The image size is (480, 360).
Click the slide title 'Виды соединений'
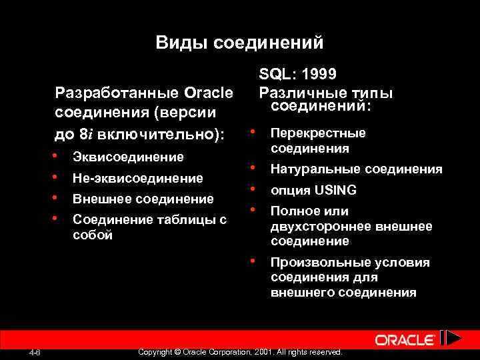click(239, 43)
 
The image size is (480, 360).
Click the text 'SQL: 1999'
click(297, 75)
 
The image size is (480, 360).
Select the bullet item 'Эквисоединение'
click(127, 157)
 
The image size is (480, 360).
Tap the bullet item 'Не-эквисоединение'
click(137, 178)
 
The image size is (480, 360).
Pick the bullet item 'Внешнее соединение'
click(143, 199)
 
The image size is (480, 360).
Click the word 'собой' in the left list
click(92, 235)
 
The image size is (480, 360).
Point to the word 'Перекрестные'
click(318, 133)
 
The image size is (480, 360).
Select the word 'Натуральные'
click(311, 169)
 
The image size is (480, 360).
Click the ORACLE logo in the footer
click(405, 340)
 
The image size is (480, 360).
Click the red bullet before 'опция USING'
click(253, 189)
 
